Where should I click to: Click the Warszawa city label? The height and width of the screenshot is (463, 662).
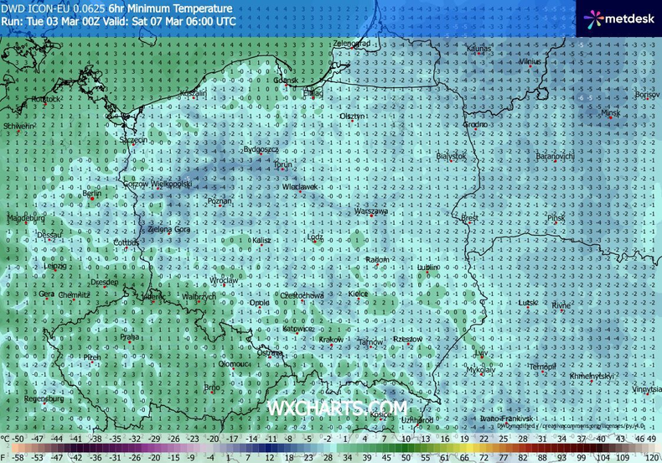pos(371,212)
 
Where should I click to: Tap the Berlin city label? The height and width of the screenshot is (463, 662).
pos(92,194)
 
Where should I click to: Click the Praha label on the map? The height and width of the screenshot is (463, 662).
pos(129,337)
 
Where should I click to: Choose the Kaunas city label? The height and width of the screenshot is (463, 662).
pos(478,49)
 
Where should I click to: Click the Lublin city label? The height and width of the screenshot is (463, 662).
pos(428,268)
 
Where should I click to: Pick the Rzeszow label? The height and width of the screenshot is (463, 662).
pos(407,339)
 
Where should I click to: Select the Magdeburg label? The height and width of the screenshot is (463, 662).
pos(23,218)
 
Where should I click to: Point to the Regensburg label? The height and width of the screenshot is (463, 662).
pos(44,399)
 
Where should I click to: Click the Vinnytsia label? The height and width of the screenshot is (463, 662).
pos(644,390)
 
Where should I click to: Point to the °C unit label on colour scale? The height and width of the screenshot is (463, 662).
pos(6,439)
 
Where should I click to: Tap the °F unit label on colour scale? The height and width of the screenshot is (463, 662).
pos(6,457)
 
